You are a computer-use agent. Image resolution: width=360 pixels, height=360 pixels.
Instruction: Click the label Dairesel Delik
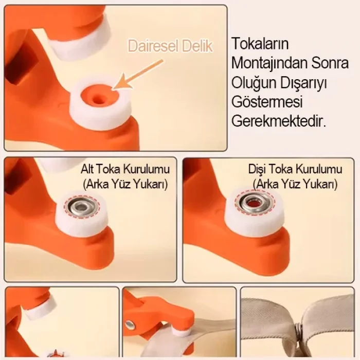[170, 46]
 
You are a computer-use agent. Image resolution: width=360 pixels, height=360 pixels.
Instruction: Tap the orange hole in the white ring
[97, 96]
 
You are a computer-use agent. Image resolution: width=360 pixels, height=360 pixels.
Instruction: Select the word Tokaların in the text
[258, 43]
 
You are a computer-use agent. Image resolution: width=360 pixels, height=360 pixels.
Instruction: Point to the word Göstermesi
[267, 102]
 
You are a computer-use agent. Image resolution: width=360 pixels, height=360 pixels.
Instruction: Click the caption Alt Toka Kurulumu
[125, 169]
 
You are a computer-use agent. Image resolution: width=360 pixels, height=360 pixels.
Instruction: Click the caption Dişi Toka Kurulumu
[295, 169]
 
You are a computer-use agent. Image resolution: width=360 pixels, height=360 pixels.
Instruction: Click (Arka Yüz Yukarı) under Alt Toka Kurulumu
[125, 184]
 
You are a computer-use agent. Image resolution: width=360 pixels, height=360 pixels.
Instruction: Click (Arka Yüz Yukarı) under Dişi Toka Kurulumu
[295, 184]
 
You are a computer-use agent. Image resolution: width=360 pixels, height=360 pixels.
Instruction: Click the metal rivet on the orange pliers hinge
[131, 325]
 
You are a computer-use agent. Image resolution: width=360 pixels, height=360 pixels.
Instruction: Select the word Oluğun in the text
[250, 82]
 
